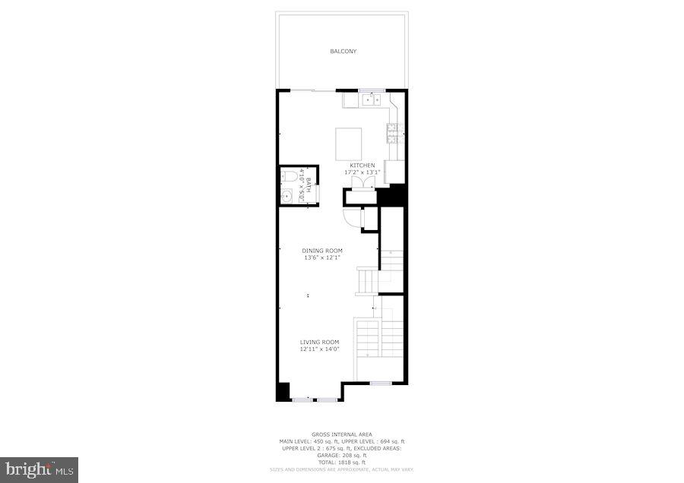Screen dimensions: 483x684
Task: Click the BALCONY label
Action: pos(343,52)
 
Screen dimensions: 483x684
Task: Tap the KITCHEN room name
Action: pos(363,165)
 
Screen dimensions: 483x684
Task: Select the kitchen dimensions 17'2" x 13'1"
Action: pos(363,172)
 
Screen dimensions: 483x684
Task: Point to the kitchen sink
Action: pos(372,99)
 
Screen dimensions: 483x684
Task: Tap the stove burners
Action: pos(394,134)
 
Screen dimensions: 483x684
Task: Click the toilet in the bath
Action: pos(289,178)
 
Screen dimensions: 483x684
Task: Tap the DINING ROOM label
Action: pos(322,251)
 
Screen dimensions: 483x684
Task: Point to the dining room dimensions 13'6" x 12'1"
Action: pos(322,258)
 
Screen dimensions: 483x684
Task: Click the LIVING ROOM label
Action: pos(319,342)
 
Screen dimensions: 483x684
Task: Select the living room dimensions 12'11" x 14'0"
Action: pos(319,349)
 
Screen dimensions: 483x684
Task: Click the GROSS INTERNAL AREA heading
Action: pos(342,434)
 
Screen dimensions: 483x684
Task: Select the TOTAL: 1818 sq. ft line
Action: pos(342,462)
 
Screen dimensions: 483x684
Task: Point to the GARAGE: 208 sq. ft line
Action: pos(342,455)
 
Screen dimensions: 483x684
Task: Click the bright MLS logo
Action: pos(40,469)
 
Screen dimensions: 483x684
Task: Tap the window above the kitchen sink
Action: pos(372,90)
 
